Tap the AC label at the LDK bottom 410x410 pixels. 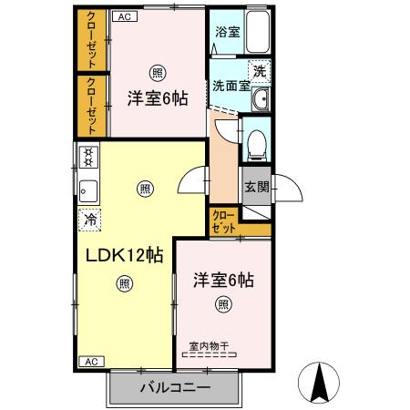[90, 362]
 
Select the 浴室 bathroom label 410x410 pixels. [227, 32]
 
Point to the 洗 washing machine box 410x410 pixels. [260, 69]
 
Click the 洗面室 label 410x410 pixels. [231, 87]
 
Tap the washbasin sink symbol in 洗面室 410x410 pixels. [261, 99]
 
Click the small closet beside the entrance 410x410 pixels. [223, 221]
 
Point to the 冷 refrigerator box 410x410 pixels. [89, 219]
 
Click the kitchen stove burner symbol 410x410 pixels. [89, 157]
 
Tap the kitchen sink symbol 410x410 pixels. [88, 190]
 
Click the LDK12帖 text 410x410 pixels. [124, 255]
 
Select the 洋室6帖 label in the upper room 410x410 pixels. [157, 98]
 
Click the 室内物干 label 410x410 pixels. [209, 345]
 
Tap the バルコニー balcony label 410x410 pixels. [175, 387]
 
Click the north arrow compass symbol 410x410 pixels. [320, 383]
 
